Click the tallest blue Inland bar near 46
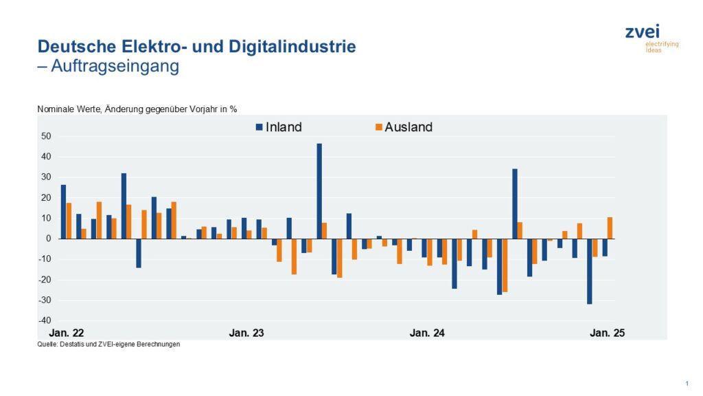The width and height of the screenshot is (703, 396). point(319,191)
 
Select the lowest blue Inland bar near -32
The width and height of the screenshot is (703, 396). point(589,271)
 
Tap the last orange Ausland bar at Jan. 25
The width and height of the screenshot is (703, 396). point(610,228)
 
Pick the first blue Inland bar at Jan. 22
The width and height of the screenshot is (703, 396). point(63,212)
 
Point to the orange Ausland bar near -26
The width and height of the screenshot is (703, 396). point(505,265)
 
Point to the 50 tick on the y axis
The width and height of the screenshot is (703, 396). point(46,136)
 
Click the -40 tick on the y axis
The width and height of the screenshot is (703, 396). point(45,320)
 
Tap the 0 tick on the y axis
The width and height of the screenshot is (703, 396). point(49,239)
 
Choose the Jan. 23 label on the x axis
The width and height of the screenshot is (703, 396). point(246,333)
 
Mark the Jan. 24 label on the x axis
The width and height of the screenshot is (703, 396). point(427,333)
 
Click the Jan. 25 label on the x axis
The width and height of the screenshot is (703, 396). point(608,333)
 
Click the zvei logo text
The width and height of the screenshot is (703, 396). point(642,32)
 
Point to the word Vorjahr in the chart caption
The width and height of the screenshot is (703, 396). point(200,109)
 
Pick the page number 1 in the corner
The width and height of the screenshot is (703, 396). point(686,383)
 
